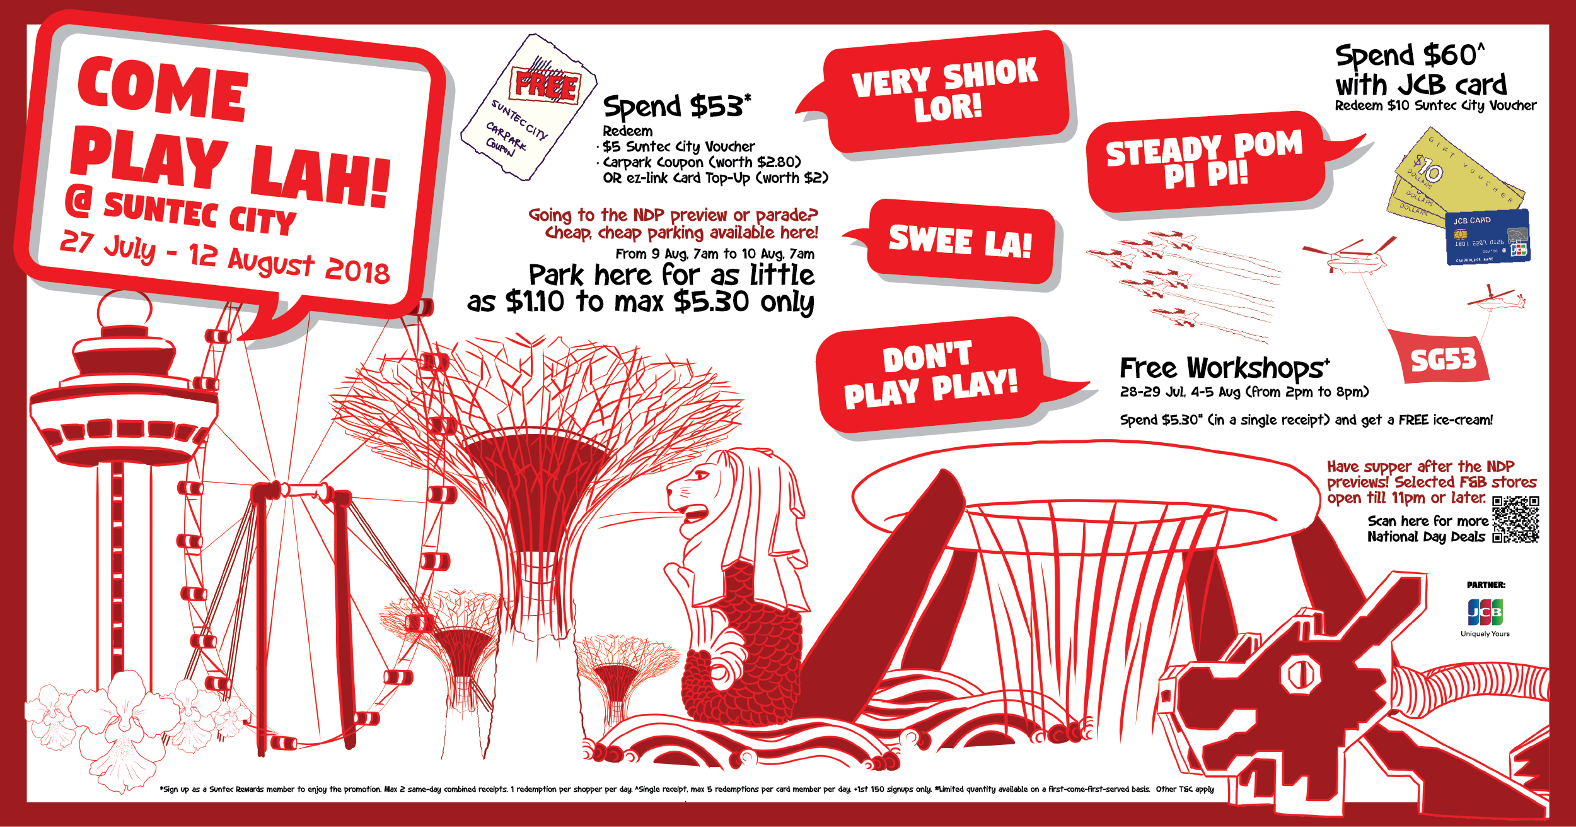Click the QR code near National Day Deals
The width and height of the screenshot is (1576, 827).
pyautogui.click(x=1515, y=519)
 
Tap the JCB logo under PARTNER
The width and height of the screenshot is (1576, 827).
pyautogui.click(x=1485, y=612)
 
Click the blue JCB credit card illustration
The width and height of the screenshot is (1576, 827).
pyautogui.click(x=1488, y=238)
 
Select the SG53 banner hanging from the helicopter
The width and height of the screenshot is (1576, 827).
pyautogui.click(x=1442, y=359)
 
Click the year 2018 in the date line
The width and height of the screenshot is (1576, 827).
pyautogui.click(x=357, y=271)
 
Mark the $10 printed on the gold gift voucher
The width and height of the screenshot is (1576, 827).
pyautogui.click(x=1427, y=169)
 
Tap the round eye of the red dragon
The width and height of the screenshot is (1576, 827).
pyautogui.click(x=1299, y=674)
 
